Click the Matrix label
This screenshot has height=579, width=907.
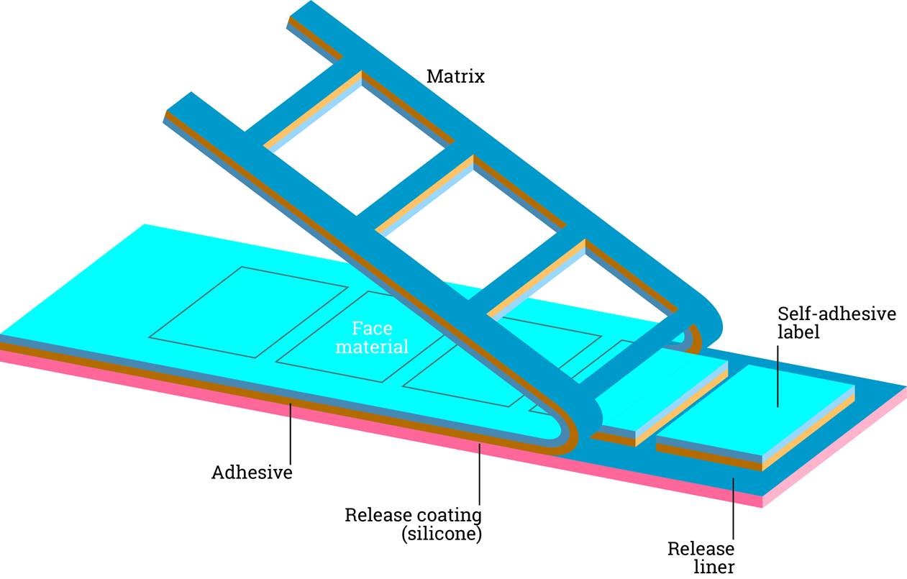tap(455, 76)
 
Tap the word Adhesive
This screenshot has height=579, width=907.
tap(252, 472)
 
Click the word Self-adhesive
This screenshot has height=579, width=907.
tap(837, 314)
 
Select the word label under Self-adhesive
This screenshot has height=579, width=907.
tap(798, 332)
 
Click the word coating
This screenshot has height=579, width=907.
tap(447, 516)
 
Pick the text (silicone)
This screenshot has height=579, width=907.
tap(442, 534)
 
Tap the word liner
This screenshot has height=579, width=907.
tap(714, 567)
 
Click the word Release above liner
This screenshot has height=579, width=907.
tap(701, 549)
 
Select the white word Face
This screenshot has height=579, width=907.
tap(372, 328)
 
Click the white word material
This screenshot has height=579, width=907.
tap(372, 347)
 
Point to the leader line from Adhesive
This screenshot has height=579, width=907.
tap(291, 434)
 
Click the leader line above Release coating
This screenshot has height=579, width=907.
tap(480, 474)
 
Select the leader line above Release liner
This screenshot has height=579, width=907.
tap(733, 509)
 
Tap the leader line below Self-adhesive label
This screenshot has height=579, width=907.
tap(778, 376)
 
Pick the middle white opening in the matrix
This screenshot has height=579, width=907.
tap(470, 235)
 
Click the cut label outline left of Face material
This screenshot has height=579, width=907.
tap(249, 312)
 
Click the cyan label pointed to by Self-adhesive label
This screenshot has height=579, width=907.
tap(755, 410)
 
